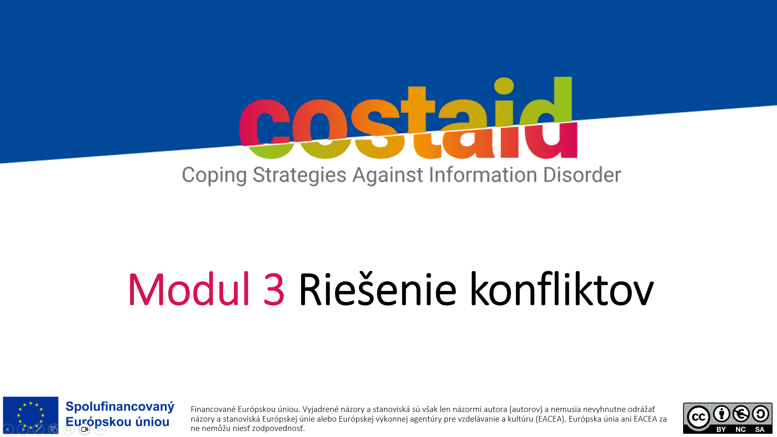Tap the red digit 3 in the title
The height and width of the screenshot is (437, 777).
(x=274, y=289)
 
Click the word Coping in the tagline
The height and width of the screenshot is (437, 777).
(x=214, y=176)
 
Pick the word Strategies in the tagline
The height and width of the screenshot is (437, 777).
(x=299, y=176)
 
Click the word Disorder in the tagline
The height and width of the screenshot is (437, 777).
(x=582, y=174)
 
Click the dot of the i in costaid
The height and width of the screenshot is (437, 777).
(x=504, y=85)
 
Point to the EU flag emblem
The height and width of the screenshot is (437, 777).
(x=31, y=415)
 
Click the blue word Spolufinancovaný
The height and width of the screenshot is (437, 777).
(x=120, y=407)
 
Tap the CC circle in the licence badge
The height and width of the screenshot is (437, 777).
(x=698, y=417)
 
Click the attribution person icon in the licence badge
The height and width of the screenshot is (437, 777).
(x=722, y=414)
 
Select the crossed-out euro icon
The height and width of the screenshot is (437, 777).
(x=741, y=414)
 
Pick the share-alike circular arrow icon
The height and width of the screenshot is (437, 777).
(x=760, y=414)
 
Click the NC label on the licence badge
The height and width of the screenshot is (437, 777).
(x=741, y=429)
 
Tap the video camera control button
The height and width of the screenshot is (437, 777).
(x=85, y=429)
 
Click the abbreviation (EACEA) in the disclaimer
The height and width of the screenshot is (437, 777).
(x=551, y=419)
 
